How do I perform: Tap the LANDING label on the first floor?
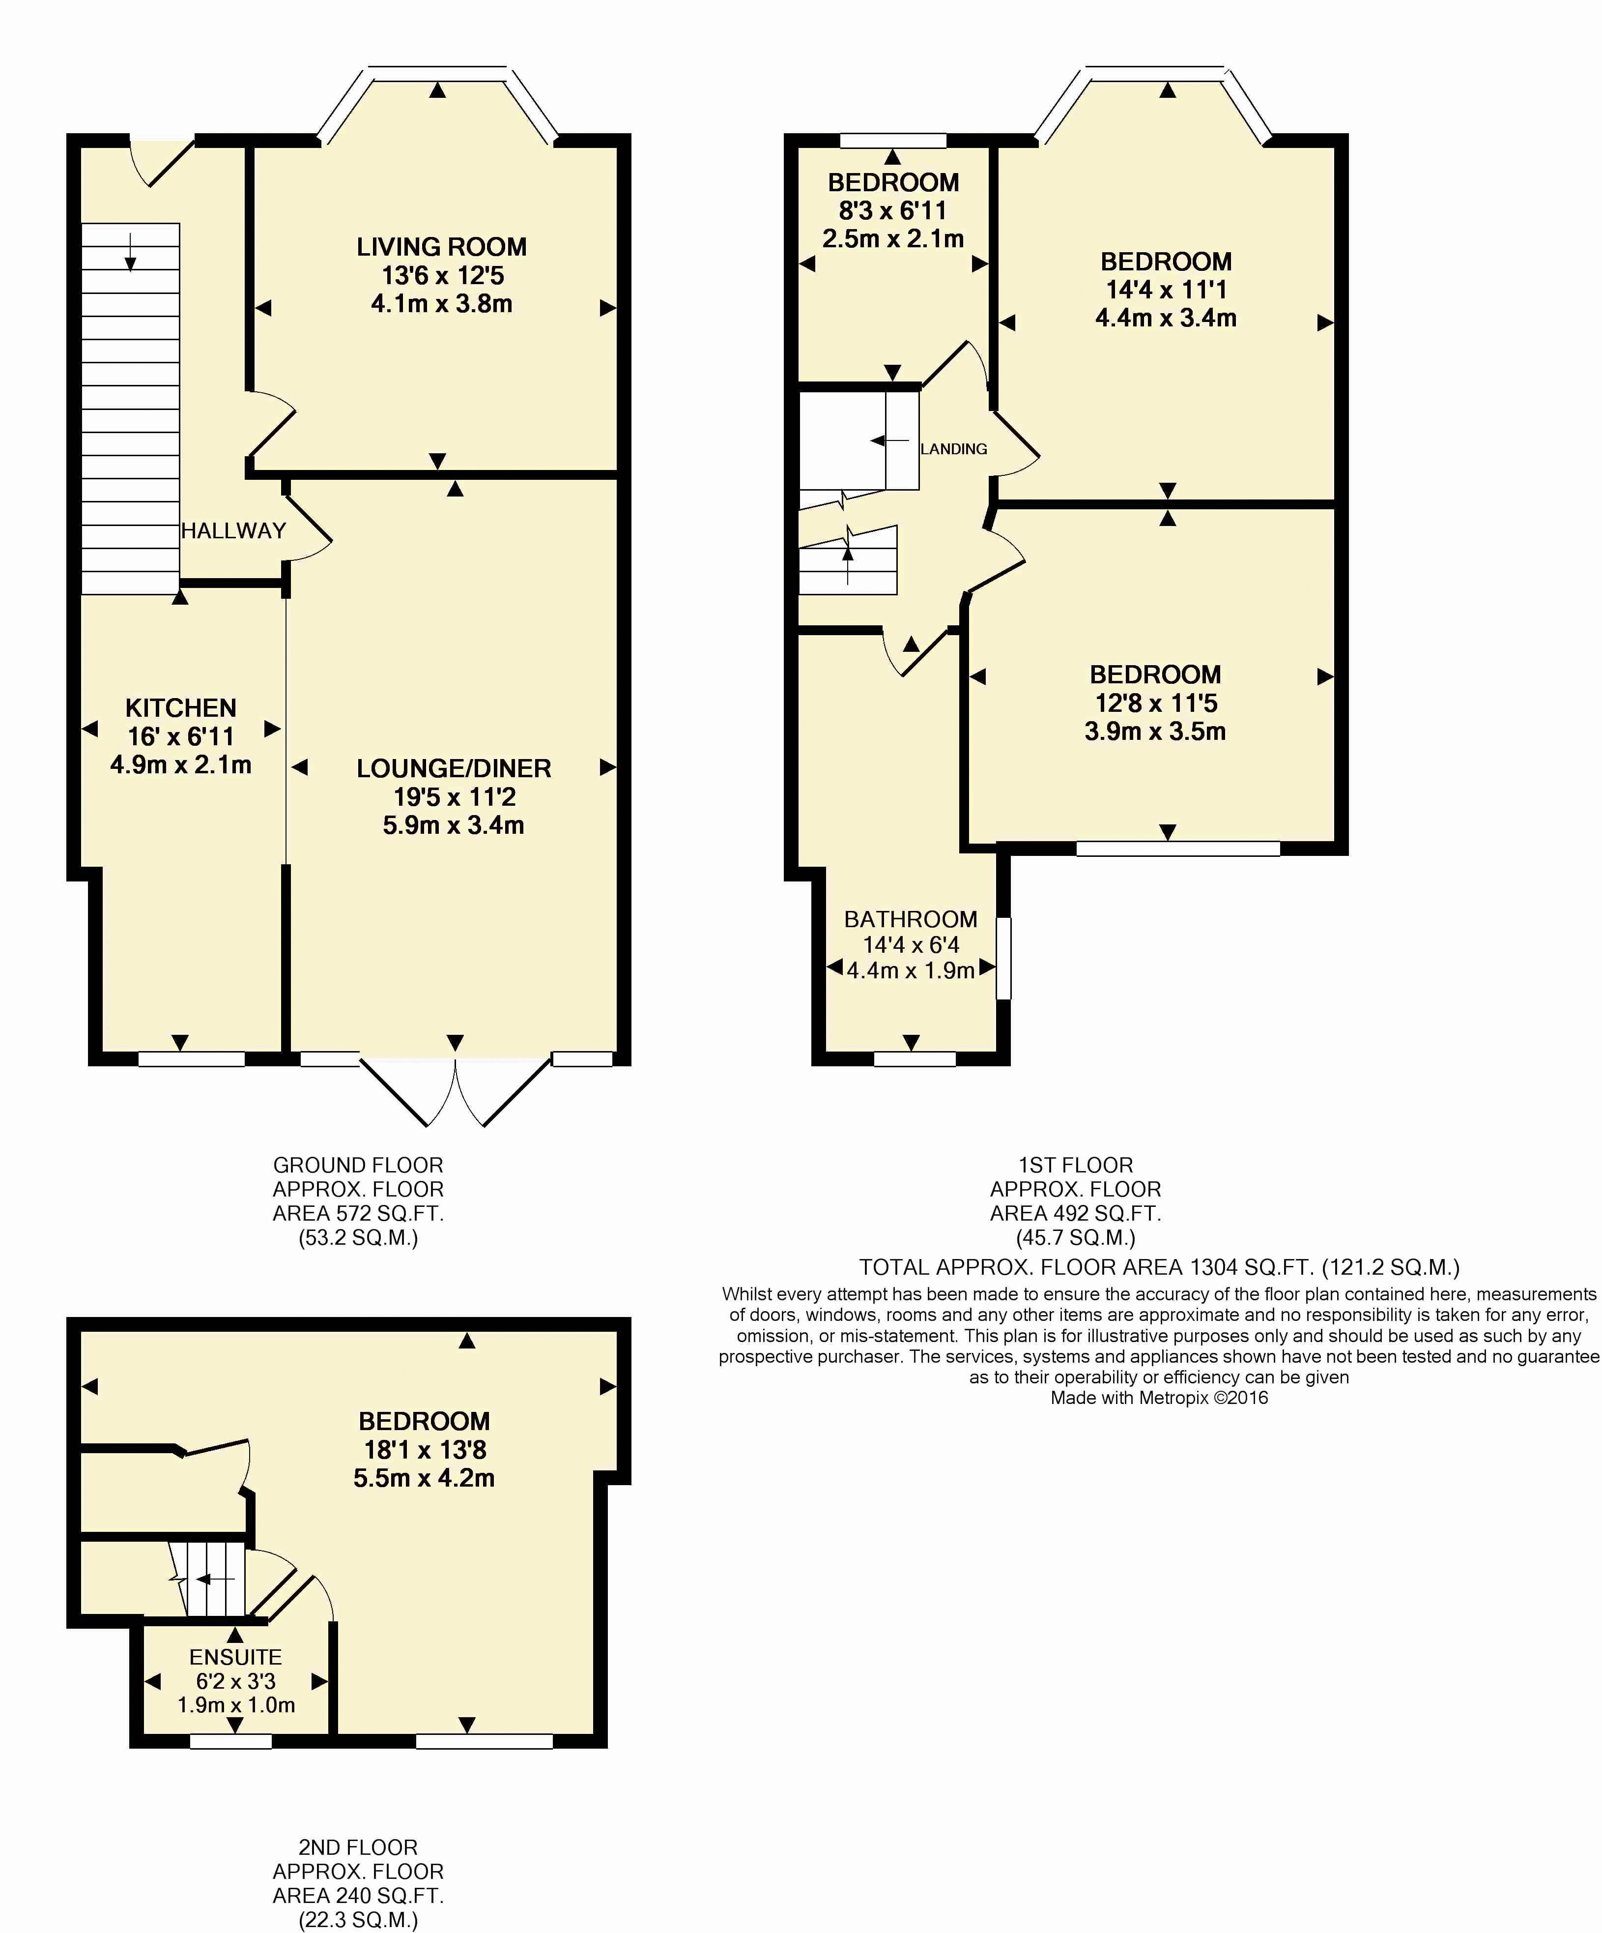(953, 449)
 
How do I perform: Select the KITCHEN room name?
(180, 708)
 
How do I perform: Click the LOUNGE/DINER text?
(454, 768)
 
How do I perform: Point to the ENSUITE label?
(235, 1657)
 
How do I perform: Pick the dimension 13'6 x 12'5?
(443, 275)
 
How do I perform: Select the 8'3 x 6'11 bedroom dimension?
(892, 211)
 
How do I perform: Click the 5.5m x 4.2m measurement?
(424, 1478)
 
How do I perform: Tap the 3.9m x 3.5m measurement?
(1155, 732)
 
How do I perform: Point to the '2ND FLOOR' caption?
(358, 1847)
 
